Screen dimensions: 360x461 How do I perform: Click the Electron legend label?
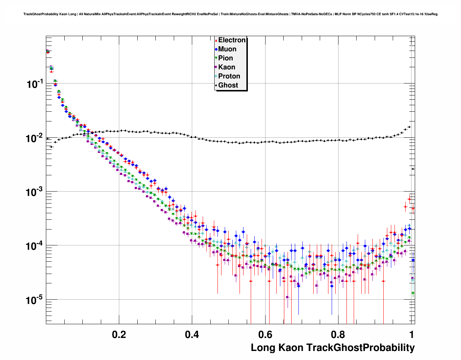[232, 40]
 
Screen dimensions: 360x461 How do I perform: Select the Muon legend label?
[227, 49]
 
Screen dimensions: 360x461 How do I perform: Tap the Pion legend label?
[225, 58]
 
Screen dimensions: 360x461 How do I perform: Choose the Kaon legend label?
[227, 67]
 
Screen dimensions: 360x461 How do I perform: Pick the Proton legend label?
[229, 76]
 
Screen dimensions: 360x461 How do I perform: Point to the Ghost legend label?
[228, 85]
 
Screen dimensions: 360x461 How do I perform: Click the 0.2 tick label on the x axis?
[119, 334]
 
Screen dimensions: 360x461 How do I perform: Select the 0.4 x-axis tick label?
[192, 334]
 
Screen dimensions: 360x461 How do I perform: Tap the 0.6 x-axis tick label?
[265, 334]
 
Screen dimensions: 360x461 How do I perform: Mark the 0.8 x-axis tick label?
[338, 334]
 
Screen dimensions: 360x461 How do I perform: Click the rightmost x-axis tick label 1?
[412, 334]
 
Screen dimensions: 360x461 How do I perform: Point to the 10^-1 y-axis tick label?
[35, 84]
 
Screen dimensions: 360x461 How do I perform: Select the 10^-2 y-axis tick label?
[35, 138]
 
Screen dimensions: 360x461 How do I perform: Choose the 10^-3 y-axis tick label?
[35, 192]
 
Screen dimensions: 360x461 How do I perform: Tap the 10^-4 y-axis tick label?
[35, 246]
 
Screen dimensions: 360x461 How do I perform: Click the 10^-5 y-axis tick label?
[35, 300]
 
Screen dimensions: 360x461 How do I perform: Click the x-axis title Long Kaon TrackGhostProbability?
[333, 348]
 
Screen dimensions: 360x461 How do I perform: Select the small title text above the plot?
[231, 14]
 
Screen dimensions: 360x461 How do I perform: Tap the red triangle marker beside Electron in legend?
[216, 40]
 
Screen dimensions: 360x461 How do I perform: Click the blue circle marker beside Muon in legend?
[216, 49]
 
